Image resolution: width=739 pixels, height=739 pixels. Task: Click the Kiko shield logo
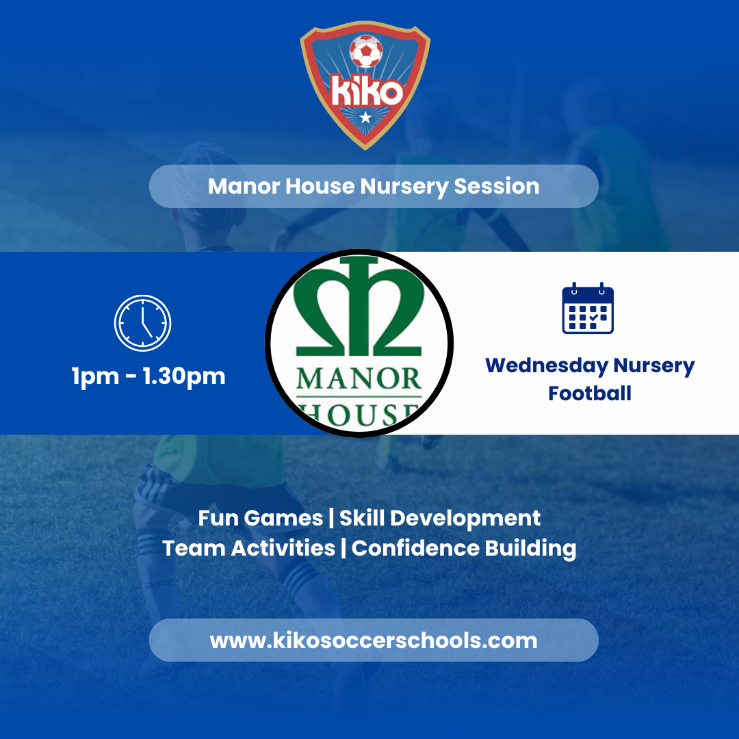pos(365,88)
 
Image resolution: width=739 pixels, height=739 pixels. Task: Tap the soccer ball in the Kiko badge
pos(366,51)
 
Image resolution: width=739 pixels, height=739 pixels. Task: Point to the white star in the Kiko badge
pos(365,118)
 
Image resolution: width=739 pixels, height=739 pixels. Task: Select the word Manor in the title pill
pos(239,186)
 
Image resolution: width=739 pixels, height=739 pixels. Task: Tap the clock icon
pos(142,323)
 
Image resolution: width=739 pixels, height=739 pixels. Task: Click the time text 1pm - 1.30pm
pos(148,376)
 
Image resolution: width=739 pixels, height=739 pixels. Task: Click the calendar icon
pos(588,309)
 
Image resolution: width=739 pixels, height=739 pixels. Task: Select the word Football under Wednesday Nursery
pos(590,393)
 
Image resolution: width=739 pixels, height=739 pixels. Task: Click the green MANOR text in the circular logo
pos(359,378)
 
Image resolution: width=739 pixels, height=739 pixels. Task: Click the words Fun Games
pos(260,518)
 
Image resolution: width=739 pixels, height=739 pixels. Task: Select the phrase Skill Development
pos(440,518)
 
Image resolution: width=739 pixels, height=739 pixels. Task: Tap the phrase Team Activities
pos(248,548)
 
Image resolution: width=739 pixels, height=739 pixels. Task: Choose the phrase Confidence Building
pos(464,548)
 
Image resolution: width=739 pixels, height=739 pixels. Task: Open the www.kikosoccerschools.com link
pos(374,640)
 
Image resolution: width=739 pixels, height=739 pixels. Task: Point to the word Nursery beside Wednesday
pos(654,365)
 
